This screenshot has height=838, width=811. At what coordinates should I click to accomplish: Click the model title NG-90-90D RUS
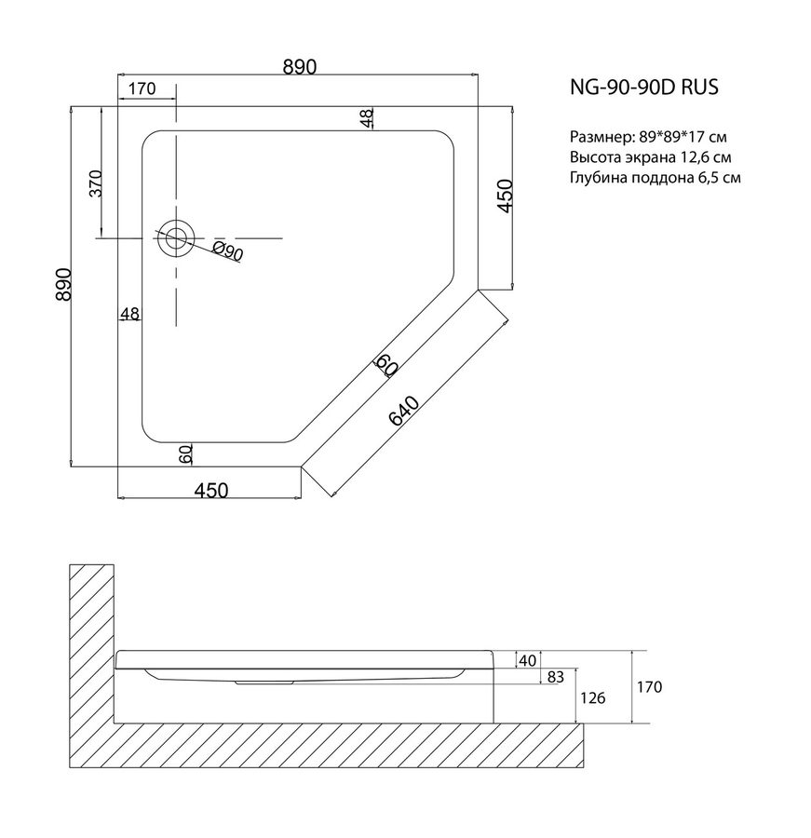coord(644,87)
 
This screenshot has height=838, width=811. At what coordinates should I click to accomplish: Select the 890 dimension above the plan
coord(300,66)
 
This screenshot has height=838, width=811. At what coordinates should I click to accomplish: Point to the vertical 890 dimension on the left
coord(63,284)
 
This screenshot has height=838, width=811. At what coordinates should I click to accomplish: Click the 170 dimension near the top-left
coord(142,88)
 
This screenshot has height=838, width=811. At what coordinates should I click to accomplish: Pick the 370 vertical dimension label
coord(95,183)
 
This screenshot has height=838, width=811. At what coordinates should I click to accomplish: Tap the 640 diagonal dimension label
coord(403,411)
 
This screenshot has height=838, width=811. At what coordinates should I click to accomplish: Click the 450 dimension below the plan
coord(210,490)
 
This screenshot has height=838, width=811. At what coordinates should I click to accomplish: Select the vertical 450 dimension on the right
coord(506,196)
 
